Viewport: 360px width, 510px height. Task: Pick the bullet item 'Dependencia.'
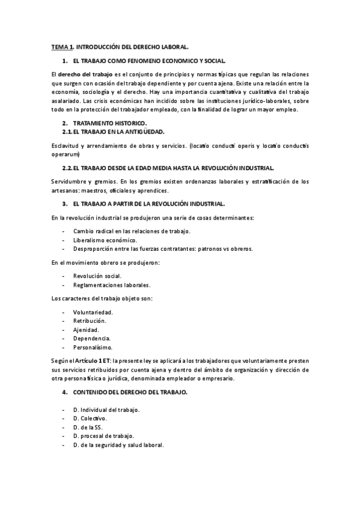click(91, 338)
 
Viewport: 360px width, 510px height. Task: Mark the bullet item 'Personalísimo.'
click(93, 347)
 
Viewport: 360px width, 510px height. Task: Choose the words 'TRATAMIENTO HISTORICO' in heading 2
click(105, 123)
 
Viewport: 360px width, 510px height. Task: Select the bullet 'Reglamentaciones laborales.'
click(111, 284)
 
